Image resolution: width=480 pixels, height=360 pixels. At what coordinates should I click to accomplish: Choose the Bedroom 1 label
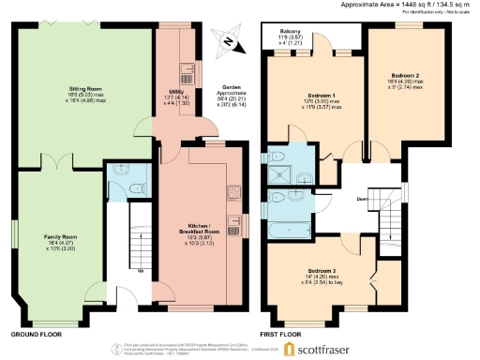click(322, 97)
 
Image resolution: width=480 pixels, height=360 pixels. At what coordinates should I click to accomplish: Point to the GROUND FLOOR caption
click(37, 334)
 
